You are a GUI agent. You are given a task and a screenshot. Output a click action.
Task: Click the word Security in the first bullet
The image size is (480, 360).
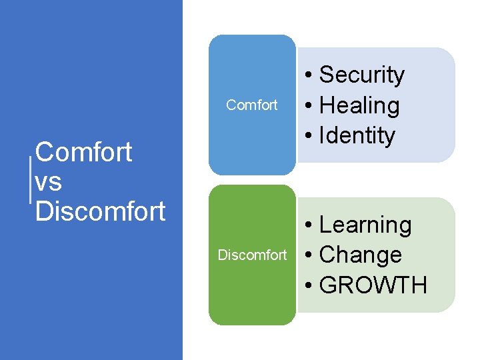click(x=362, y=75)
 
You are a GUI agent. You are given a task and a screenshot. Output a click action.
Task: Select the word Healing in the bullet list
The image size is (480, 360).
click(x=359, y=105)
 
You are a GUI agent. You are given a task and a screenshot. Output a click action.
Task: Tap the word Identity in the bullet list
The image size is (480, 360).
click(x=357, y=135)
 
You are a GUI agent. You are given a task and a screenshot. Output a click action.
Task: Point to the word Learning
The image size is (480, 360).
click(x=365, y=225)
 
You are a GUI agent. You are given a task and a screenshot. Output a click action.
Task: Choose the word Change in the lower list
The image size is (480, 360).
click(x=361, y=255)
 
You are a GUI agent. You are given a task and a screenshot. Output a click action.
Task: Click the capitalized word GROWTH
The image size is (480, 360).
click(x=373, y=285)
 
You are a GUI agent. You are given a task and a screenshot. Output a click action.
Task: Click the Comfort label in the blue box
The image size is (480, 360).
click(x=252, y=105)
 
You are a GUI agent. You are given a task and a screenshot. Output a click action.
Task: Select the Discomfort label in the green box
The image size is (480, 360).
click(x=252, y=255)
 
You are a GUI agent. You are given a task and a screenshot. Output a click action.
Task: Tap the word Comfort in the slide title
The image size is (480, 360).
click(x=83, y=153)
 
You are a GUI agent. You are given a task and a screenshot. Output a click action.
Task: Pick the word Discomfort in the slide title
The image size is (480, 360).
click(x=100, y=211)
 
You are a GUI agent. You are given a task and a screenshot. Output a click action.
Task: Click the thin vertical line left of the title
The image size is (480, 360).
click(x=31, y=180)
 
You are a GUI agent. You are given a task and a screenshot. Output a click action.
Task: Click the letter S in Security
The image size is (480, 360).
click(x=327, y=75)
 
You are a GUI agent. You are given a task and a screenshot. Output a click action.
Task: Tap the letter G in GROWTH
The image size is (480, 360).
click(x=329, y=285)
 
